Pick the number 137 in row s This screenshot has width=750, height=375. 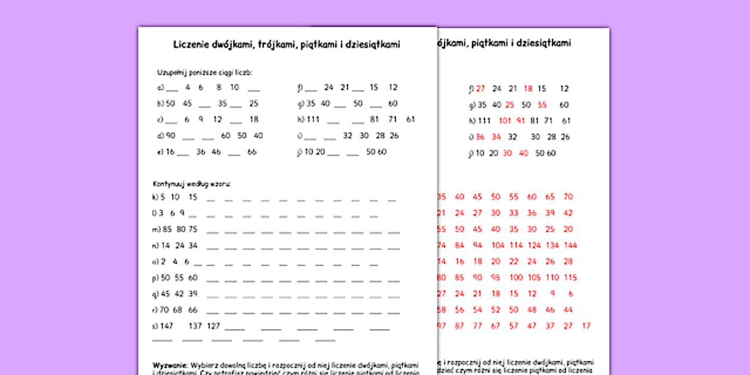195,326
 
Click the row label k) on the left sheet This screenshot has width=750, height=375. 155,197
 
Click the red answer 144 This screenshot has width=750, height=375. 570,245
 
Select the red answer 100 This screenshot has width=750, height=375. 516,278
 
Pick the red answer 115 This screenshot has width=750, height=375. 570,278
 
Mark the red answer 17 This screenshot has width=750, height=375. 586,326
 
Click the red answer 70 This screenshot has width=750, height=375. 568,197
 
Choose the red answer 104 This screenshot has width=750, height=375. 498,245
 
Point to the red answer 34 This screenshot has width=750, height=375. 496,137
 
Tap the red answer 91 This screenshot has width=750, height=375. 521,121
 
